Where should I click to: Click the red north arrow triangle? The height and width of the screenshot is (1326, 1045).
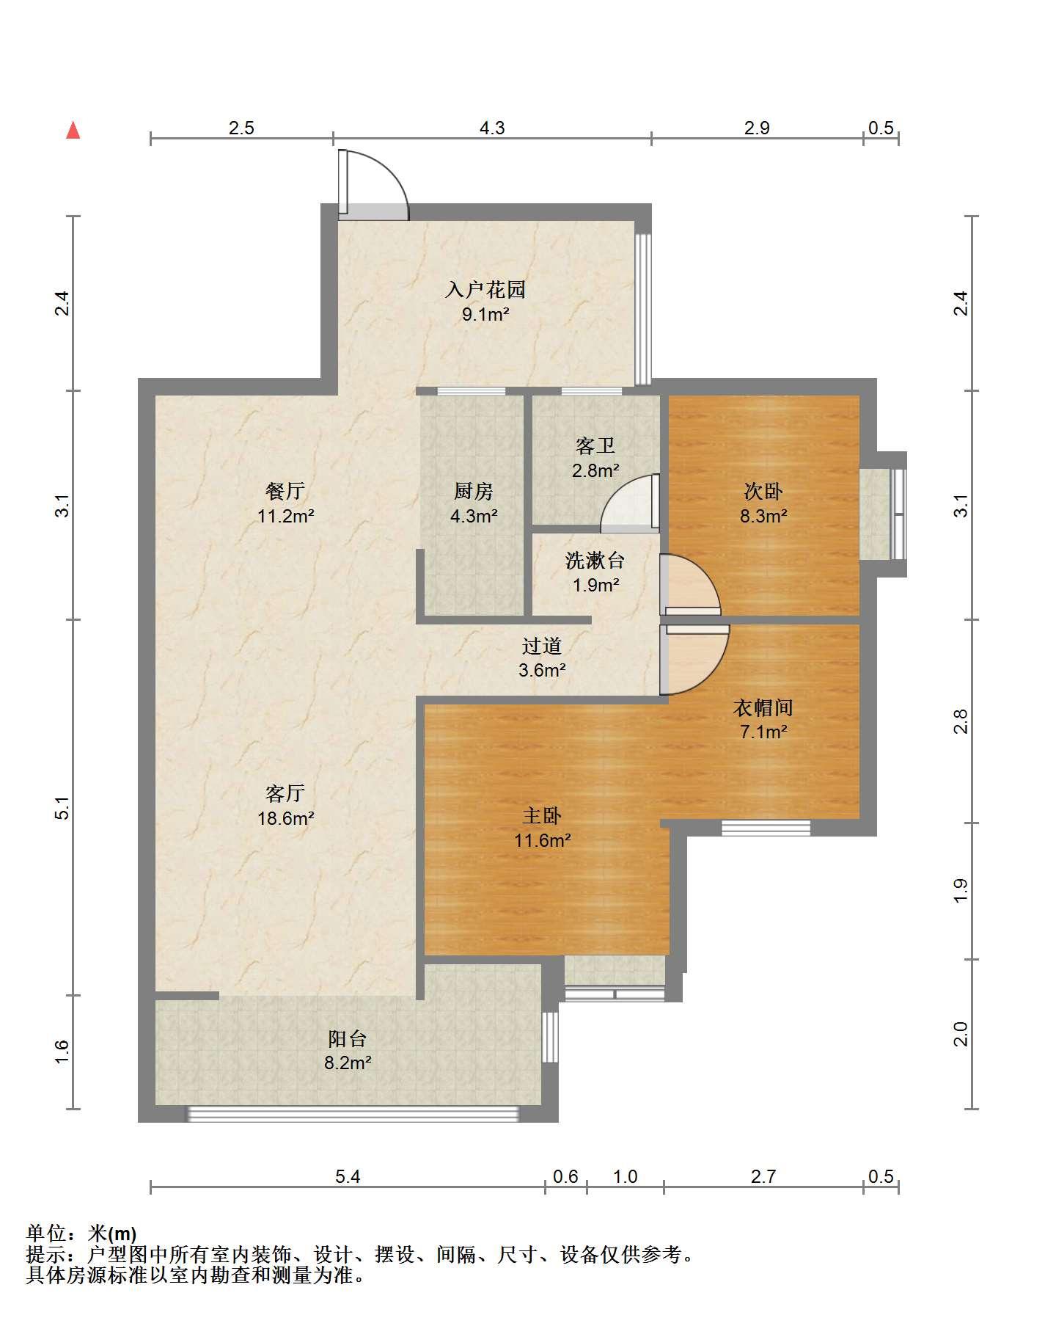click(x=73, y=131)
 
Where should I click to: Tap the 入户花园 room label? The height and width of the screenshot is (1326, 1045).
click(x=485, y=289)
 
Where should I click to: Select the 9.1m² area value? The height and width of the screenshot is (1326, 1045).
click(x=485, y=315)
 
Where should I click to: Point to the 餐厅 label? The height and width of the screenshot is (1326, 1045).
click(x=285, y=490)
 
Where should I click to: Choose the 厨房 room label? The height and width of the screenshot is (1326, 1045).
click(x=473, y=491)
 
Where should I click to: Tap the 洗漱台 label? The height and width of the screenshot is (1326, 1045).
click(x=595, y=561)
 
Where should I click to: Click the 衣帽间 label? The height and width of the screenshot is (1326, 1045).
click(x=763, y=707)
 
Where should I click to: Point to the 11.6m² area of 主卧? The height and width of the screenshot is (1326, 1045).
click(x=542, y=840)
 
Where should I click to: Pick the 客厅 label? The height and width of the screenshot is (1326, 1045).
click(x=285, y=793)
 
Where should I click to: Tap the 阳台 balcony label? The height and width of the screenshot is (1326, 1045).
click(x=348, y=1038)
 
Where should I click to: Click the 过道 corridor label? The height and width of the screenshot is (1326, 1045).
click(x=542, y=646)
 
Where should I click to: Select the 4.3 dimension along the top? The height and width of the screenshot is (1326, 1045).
click(x=492, y=128)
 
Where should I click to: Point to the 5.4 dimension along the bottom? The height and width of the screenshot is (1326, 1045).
click(x=348, y=1177)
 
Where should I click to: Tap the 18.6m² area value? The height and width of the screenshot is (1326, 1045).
click(x=285, y=818)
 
